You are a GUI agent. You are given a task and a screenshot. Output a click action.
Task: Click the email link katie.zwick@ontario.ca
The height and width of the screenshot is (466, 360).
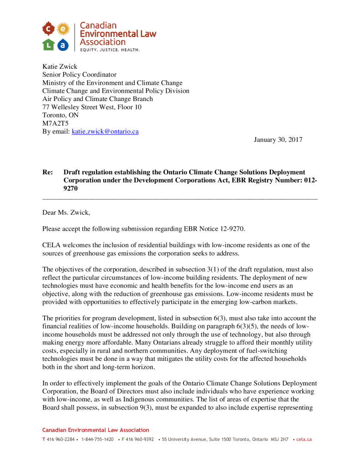pos(105,132)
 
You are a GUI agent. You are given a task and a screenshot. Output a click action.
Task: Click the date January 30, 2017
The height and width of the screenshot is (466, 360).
pos(278,140)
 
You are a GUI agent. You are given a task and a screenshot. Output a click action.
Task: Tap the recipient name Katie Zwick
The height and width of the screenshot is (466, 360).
pos(60,66)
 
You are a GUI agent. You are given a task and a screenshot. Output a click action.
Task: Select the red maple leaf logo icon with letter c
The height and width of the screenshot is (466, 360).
pos(48,30)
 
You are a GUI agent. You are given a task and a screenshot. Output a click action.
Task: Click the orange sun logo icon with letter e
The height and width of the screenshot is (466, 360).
pos(63,30)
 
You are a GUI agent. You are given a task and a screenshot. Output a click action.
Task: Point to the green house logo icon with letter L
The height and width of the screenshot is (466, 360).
pos(48,44)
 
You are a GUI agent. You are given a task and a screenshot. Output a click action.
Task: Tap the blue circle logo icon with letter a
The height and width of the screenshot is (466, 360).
pos(63,44)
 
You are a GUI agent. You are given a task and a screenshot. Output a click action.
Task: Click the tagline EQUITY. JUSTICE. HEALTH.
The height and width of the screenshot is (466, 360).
pos(110,50)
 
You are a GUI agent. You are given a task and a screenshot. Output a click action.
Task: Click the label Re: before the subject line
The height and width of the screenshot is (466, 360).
pos(47,172)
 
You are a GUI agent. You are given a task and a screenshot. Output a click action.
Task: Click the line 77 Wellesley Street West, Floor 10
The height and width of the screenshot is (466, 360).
pos(92,107)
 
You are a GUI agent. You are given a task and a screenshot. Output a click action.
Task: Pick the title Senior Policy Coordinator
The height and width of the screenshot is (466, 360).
pos(80,75)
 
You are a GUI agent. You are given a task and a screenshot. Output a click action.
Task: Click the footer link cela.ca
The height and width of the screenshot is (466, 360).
pos(304,440)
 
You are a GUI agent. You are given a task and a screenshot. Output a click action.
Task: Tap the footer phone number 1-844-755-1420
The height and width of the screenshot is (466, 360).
pos(97,440)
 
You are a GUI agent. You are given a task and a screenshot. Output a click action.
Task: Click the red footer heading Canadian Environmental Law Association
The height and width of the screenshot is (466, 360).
pos(96,430)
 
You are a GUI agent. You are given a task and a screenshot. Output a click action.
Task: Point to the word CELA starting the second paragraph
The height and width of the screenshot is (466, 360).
pos(51,245)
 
